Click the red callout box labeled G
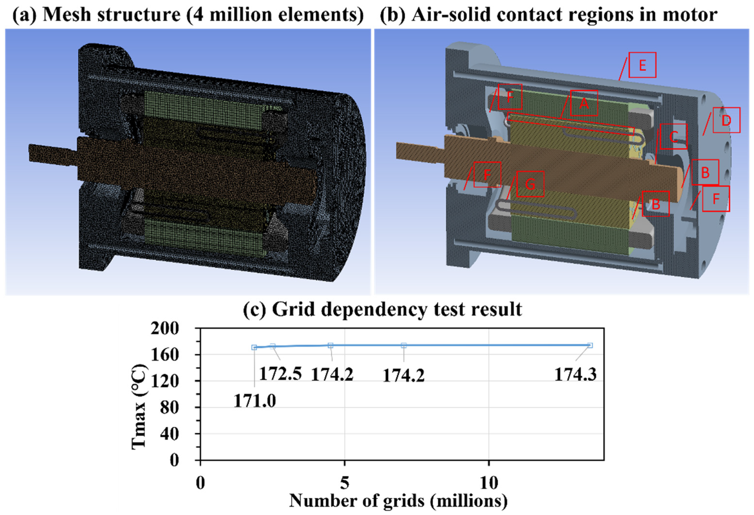coord(530,184)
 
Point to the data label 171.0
coord(255,401)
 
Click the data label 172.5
coord(280,374)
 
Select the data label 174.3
coord(575,374)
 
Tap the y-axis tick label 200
coord(165,329)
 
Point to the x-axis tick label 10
coord(489,483)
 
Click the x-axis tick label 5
coord(344,483)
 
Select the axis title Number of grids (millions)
coord(398,500)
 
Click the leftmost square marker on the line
coord(254,347)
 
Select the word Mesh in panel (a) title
coord(65,14)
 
